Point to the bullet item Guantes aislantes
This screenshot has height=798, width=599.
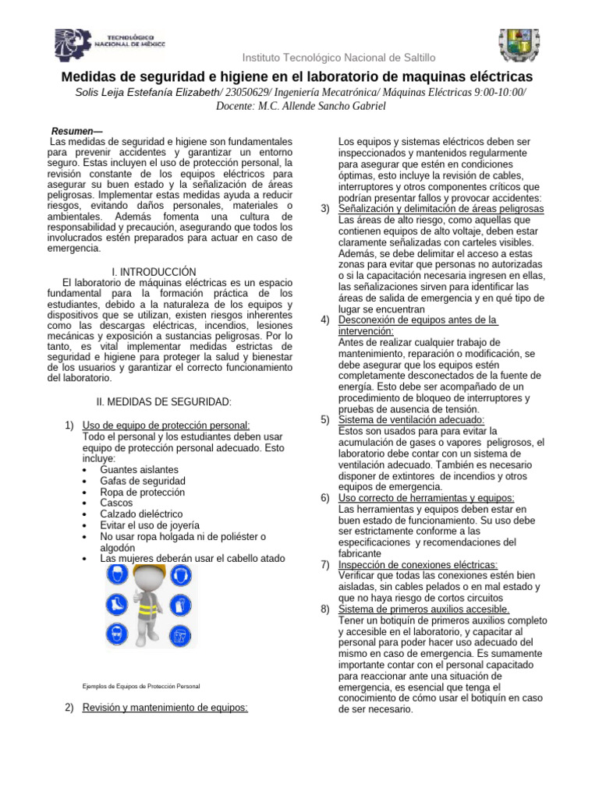[x=139, y=470]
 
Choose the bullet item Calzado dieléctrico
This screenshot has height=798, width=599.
[x=141, y=514]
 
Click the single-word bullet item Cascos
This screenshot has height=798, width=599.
[x=116, y=503]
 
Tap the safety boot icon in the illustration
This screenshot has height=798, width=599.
[x=117, y=605]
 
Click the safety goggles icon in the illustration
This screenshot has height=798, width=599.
[x=117, y=633]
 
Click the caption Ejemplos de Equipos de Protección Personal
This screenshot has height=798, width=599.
[x=140, y=687]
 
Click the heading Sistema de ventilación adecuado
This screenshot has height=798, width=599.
[x=412, y=419]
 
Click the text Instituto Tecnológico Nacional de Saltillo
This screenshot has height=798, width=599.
[x=338, y=58]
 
